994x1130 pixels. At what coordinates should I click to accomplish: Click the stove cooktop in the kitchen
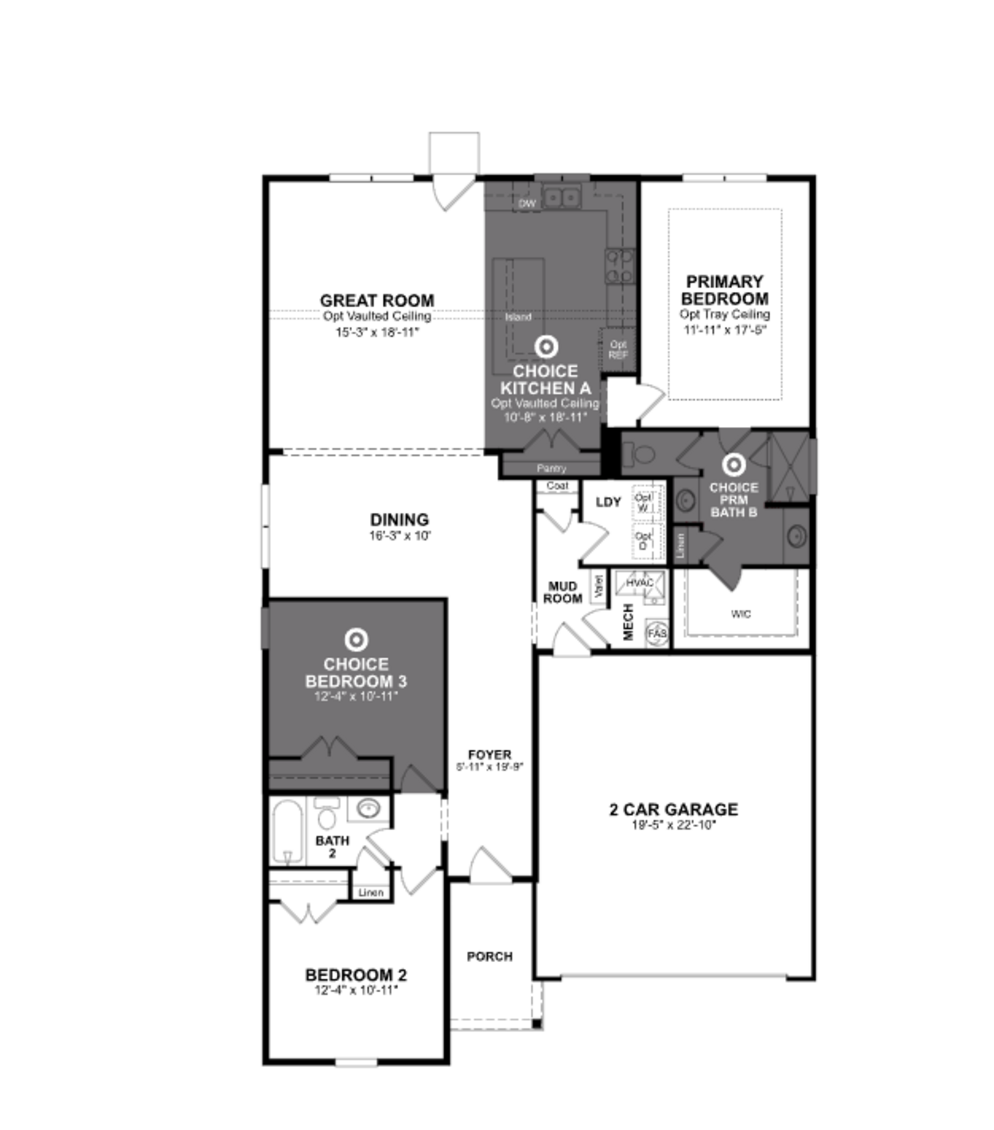click(x=619, y=266)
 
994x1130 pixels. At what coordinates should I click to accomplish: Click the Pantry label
click(x=551, y=468)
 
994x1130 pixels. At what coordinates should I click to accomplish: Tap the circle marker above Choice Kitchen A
click(x=546, y=347)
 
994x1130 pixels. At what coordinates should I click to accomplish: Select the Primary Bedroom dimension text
click(x=725, y=330)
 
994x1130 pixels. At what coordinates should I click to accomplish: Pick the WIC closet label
click(x=741, y=614)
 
